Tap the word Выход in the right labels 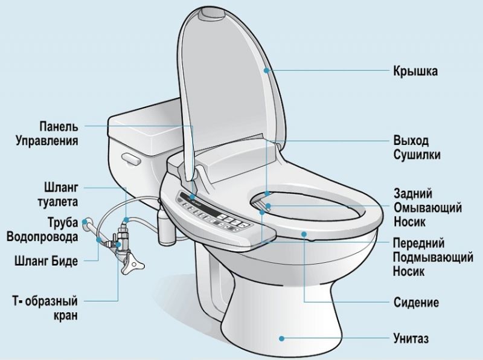pos(411,141)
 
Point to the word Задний pos(412,194)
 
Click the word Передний pos(420,243)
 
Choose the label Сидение pos(416,302)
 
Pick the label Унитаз pos(411,338)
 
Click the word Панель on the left pos(59,126)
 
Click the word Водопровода pos(42,237)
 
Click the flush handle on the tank pos(129,158)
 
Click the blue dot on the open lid pos(266,71)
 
